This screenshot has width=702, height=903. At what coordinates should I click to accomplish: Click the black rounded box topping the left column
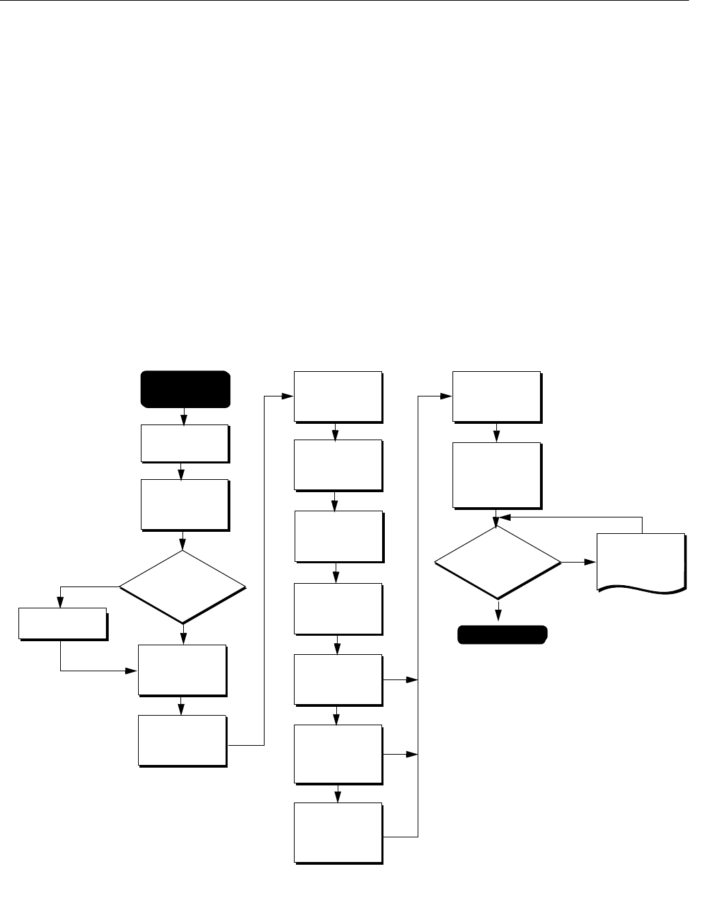pyautogui.click(x=185, y=389)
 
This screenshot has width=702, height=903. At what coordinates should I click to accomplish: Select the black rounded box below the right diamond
pyautogui.click(x=502, y=635)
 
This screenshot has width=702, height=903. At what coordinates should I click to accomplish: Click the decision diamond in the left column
pyautogui.click(x=183, y=587)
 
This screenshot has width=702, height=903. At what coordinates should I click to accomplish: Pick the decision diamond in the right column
pyautogui.click(x=498, y=563)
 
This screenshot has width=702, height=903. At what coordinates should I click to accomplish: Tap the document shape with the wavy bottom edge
pyautogui.click(x=640, y=561)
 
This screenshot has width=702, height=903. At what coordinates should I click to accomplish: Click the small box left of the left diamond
pyautogui.click(x=62, y=623)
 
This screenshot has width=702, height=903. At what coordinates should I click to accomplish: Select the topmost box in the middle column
pyautogui.click(x=337, y=396)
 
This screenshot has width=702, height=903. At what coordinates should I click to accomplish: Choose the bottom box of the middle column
pyautogui.click(x=338, y=833)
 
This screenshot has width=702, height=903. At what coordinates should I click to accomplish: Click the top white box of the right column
pyautogui.click(x=496, y=396)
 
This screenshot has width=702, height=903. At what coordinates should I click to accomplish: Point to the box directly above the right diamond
pyautogui.click(x=496, y=475)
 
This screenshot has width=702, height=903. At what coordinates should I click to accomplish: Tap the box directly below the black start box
pyautogui.click(x=185, y=444)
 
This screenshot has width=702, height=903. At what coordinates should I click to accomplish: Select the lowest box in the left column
pyautogui.click(x=182, y=740)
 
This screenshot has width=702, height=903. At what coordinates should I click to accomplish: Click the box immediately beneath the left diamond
pyautogui.click(x=182, y=670)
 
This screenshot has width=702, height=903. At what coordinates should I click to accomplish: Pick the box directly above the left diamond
pyautogui.click(x=185, y=504)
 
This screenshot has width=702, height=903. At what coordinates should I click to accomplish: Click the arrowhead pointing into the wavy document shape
pyautogui.click(x=591, y=563)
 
